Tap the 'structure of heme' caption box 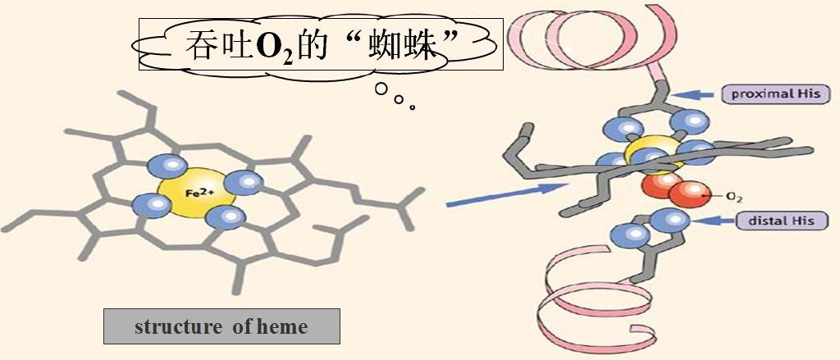pyautogui.click(x=221, y=327)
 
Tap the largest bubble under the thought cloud pyautogui.click(x=381, y=89)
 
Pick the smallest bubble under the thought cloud pyautogui.click(x=412, y=107)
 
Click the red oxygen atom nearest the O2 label pyautogui.click(x=686, y=194)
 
